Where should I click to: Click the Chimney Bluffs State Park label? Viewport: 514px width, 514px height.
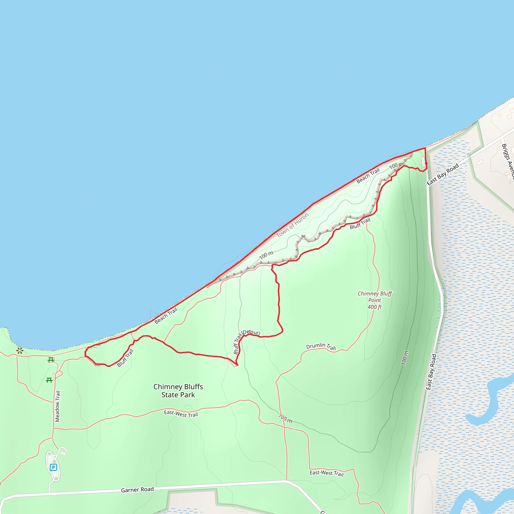pyautogui.click(x=178, y=391)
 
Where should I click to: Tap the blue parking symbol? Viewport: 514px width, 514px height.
pyautogui.click(x=53, y=467)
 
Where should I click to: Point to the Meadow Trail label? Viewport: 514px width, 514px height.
pyautogui.click(x=57, y=406)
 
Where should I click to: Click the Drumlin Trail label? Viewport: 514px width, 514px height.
pyautogui.click(x=321, y=346)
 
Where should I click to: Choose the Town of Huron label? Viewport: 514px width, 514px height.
pyautogui.click(x=292, y=225)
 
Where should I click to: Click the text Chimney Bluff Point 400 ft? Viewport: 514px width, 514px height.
pyautogui.click(x=375, y=300)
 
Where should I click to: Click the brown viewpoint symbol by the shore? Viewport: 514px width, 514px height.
pyautogui.click(x=20, y=351)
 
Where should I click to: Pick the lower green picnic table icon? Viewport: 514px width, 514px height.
pyautogui.click(x=49, y=380)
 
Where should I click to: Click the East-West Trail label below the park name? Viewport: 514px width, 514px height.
pyautogui.click(x=181, y=414)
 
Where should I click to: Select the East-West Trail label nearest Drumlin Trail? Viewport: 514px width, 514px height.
pyautogui.click(x=327, y=473)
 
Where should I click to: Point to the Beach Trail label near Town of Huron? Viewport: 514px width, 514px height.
pyautogui.click(x=368, y=176)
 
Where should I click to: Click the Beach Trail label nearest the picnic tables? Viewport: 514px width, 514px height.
pyautogui.click(x=166, y=316)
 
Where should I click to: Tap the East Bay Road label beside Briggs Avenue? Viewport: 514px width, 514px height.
pyautogui.click(x=443, y=174)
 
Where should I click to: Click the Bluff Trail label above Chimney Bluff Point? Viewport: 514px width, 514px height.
pyautogui.click(x=360, y=223)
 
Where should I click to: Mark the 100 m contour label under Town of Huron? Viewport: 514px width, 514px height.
pyautogui.click(x=266, y=255)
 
